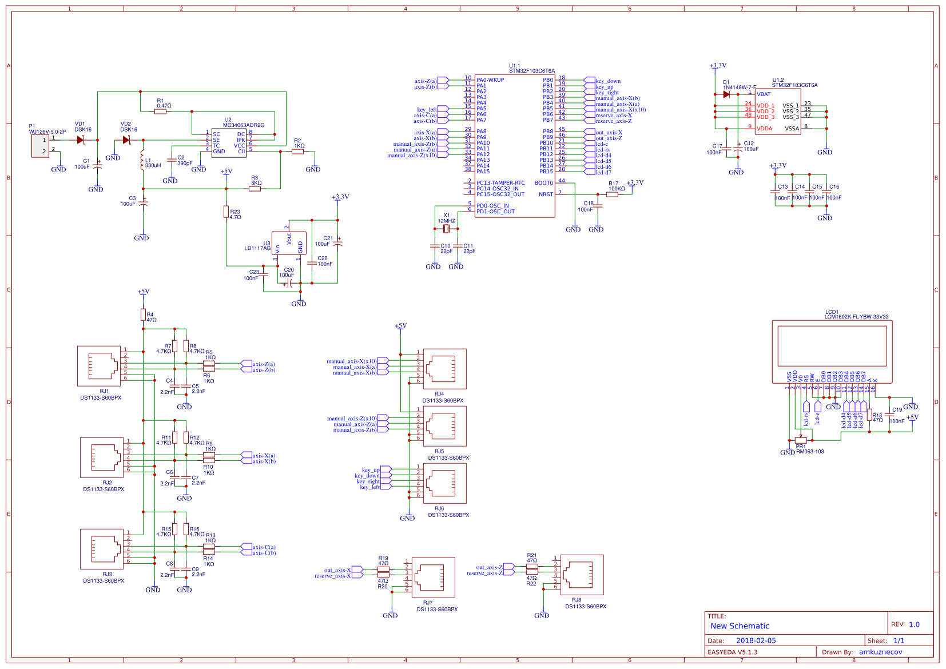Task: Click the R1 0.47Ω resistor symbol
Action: point(160,111)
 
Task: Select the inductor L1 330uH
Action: point(142,161)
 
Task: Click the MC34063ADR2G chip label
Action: point(244,125)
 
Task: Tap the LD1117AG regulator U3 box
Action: point(289,243)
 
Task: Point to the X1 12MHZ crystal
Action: point(447,229)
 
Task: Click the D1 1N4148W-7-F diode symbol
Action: point(726,94)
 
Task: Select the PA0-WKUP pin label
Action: point(490,80)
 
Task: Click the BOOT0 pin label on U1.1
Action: point(543,183)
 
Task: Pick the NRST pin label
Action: point(546,194)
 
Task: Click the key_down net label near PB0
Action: point(608,81)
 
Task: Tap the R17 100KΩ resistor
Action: point(612,194)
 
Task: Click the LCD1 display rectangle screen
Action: point(832,346)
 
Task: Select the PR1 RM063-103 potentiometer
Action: point(801,440)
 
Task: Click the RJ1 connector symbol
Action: point(100,366)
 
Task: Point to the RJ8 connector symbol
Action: point(582,575)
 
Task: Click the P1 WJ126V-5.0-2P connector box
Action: point(40,146)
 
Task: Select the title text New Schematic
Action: point(740,626)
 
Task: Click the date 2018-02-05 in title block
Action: point(756,640)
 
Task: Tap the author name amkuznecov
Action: point(880,652)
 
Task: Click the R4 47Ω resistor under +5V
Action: point(143,314)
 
